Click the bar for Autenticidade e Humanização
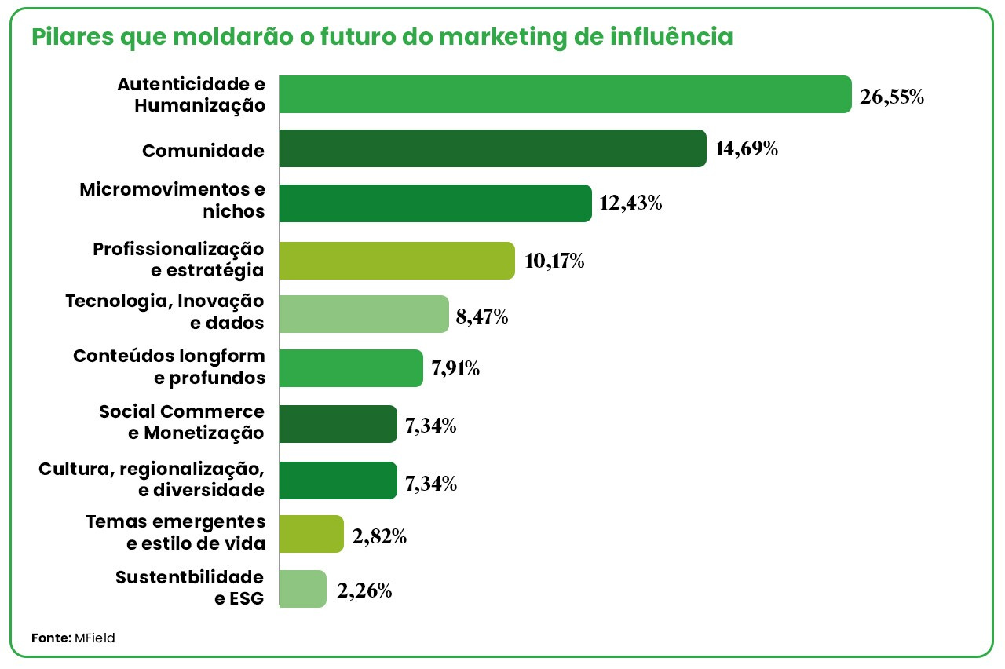565,94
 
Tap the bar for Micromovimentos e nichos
435,203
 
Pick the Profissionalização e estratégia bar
397,260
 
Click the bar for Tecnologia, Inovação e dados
364,315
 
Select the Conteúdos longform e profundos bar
351,368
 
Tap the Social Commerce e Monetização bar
338,424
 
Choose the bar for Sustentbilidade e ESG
302,589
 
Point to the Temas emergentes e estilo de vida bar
311,535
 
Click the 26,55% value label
892,97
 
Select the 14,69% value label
747,148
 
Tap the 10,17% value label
554,261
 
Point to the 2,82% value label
379,537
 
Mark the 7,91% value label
455,368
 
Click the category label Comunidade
203,151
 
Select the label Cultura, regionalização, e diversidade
152,479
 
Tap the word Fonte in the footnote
51,638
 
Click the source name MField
96,638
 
